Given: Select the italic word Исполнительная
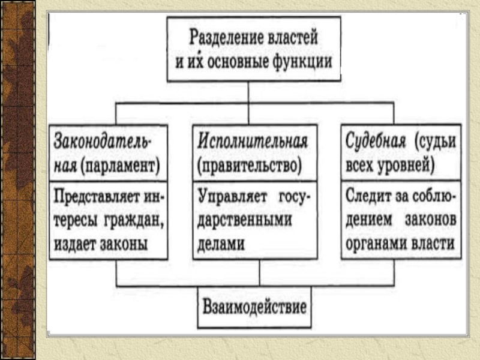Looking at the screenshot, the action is [253, 142].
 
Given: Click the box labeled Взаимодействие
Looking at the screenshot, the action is [255, 308].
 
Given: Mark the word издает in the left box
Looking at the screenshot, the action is [75, 243].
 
